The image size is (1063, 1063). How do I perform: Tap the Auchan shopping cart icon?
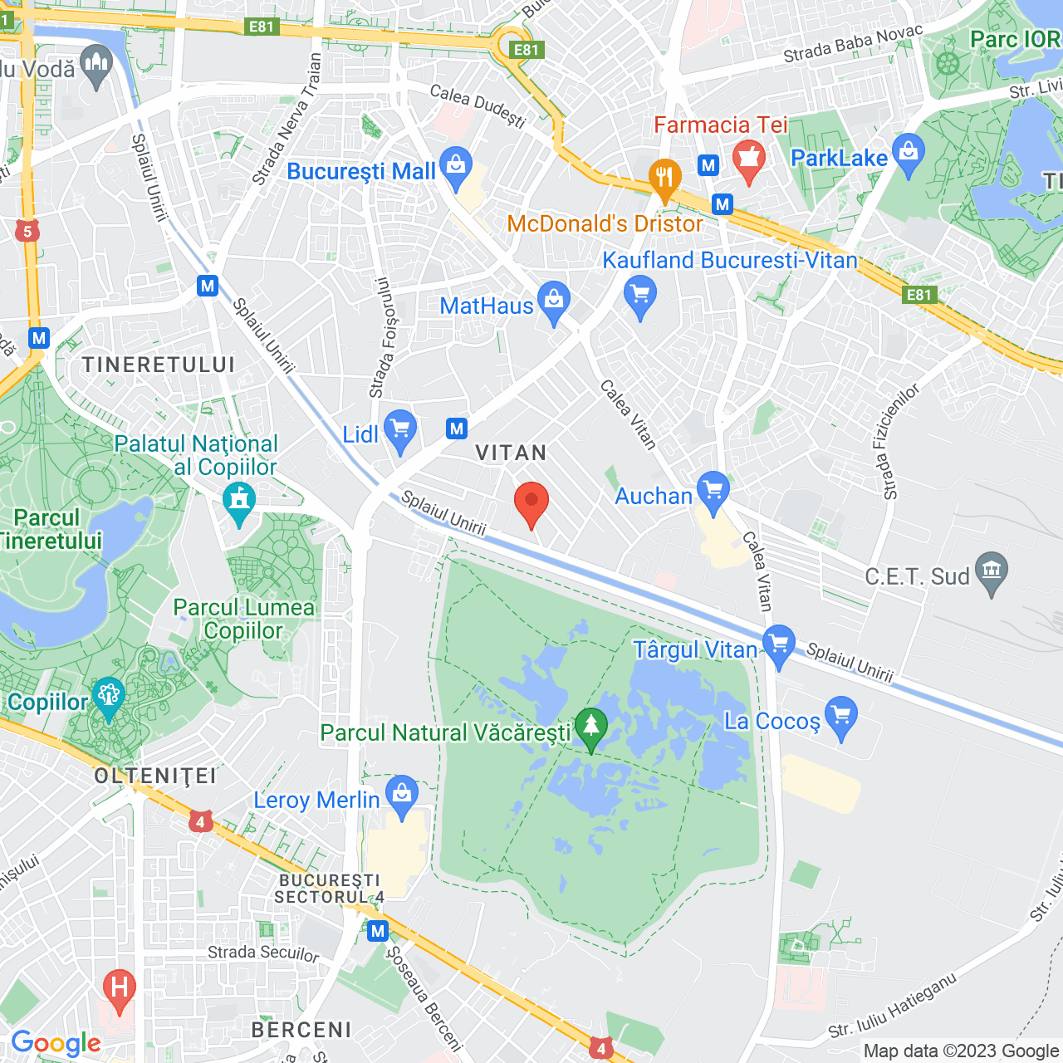[713, 492]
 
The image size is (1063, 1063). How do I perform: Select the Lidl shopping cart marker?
[401, 430]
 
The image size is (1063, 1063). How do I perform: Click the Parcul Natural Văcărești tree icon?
[591, 727]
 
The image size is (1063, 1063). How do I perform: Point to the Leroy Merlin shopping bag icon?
[402, 796]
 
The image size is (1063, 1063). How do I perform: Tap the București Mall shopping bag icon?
[456, 167]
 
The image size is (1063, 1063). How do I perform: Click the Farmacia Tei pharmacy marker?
[749, 160]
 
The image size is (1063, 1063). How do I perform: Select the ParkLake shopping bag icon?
[909, 154]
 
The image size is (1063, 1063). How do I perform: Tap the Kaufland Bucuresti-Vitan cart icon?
[640, 296]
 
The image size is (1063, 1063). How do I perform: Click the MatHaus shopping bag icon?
[554, 302]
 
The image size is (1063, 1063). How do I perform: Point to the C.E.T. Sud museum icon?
[992, 572]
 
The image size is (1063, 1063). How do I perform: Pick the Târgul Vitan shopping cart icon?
[779, 645]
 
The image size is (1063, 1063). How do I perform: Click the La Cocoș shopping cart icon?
[841, 716]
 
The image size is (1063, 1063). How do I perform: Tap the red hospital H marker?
[119, 990]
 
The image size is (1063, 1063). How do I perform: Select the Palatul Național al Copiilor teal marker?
[240, 502]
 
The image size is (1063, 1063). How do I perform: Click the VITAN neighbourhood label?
[511, 453]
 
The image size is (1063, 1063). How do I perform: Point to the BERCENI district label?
[301, 1030]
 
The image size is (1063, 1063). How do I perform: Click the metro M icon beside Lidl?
[457, 429]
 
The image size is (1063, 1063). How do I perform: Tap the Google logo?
[56, 1043]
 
